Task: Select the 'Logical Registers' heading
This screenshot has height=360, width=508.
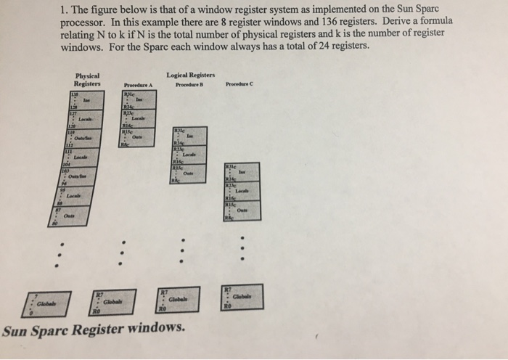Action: (191, 75)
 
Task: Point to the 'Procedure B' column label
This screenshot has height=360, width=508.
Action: (190, 84)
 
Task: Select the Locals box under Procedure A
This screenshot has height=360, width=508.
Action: (138, 119)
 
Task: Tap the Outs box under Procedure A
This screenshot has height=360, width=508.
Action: (138, 137)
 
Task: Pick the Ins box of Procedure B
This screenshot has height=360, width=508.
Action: (189, 136)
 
